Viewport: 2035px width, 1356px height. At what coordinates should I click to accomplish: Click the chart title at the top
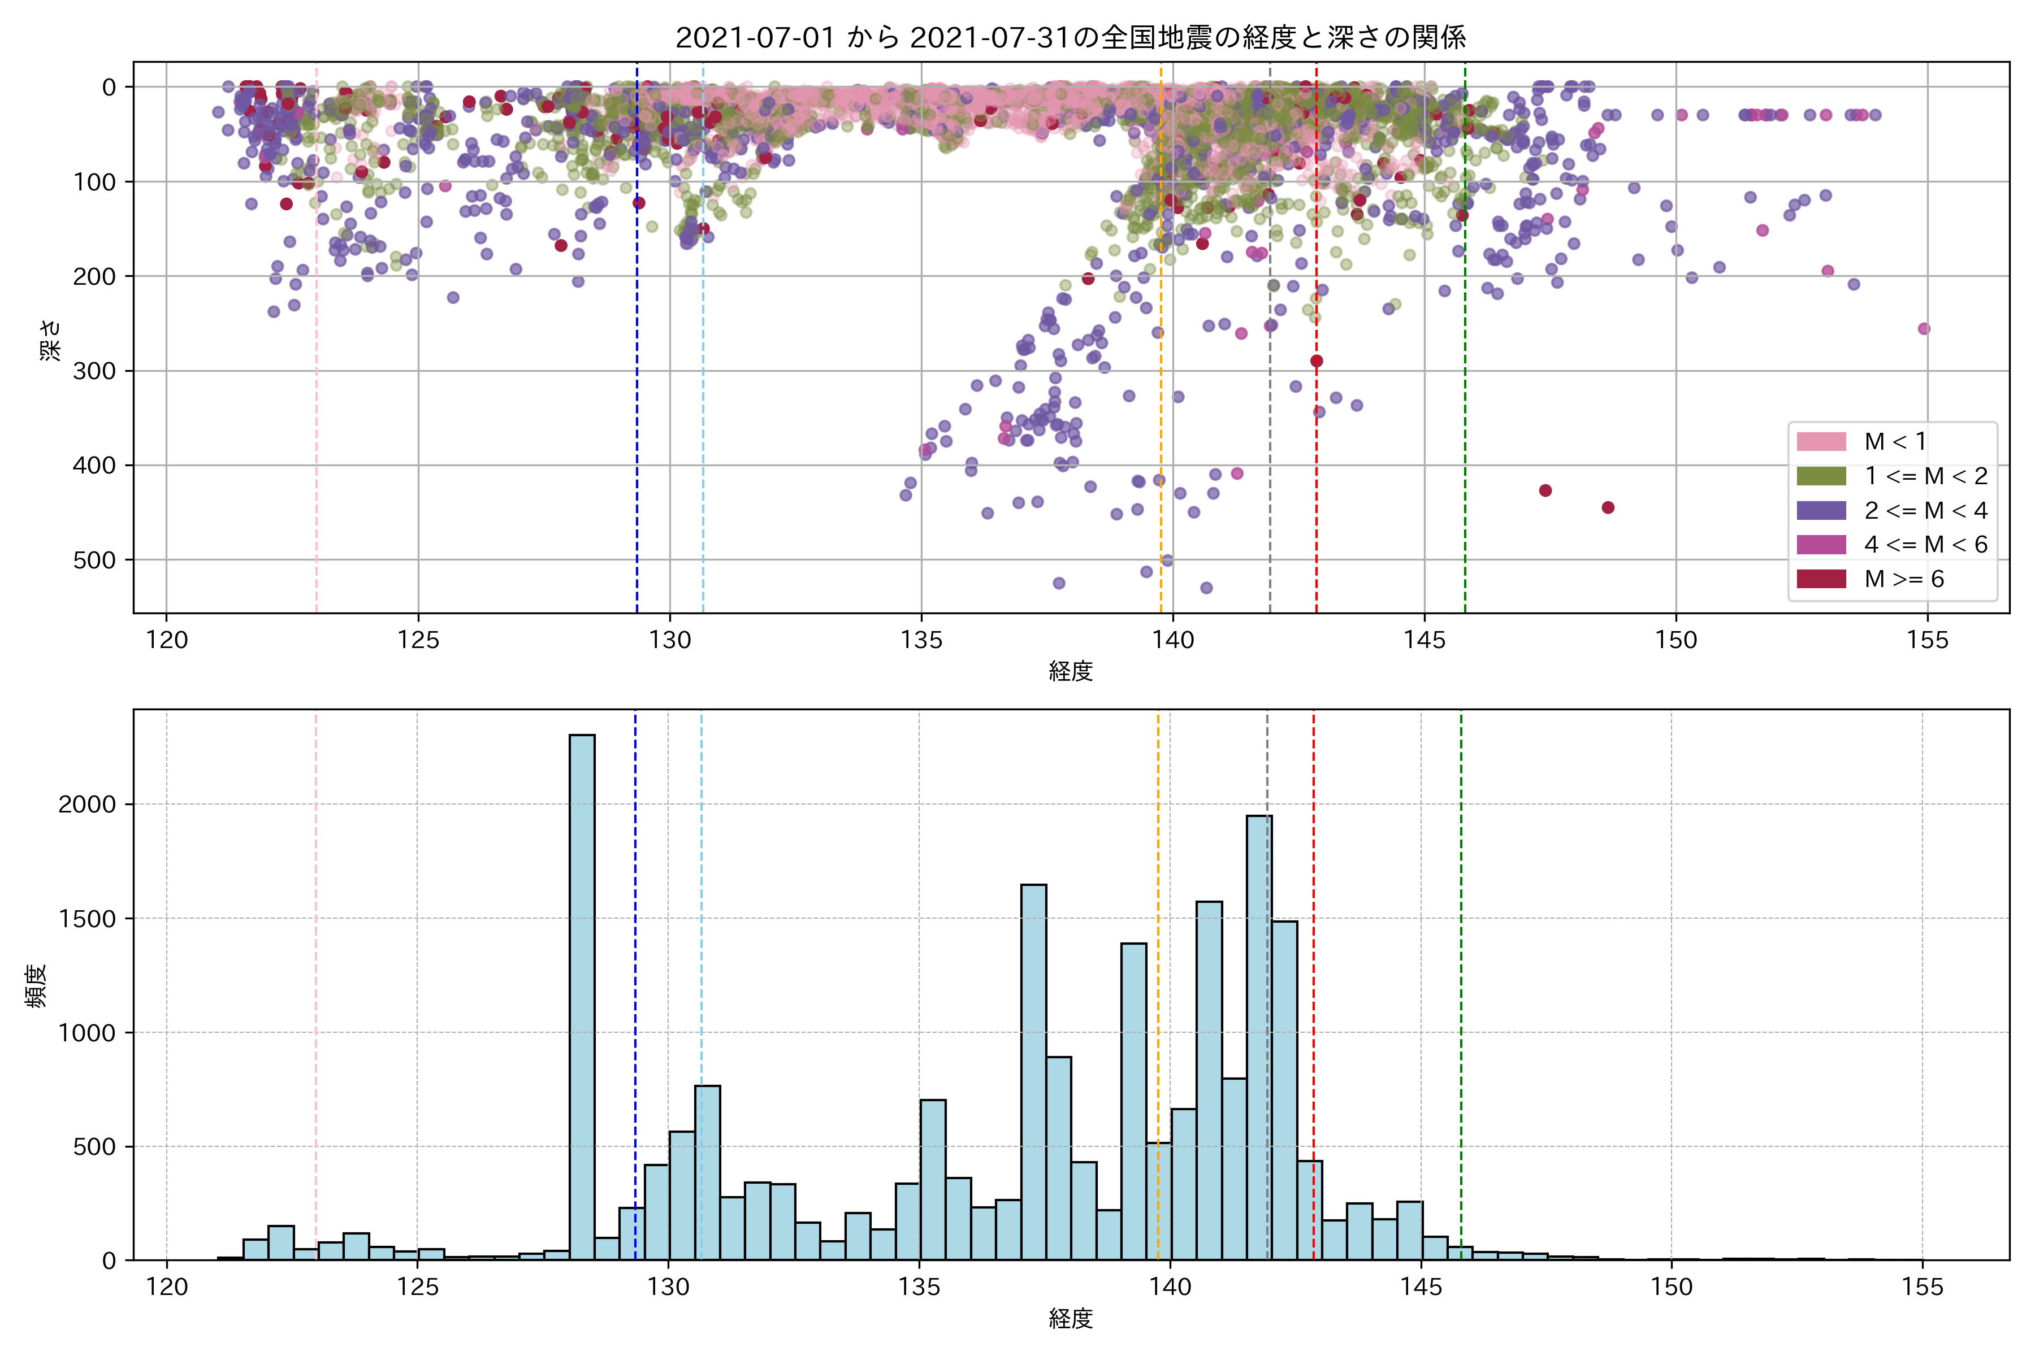pyautogui.click(x=1070, y=37)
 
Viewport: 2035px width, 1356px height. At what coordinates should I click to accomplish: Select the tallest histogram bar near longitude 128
pyautogui.click(x=582, y=994)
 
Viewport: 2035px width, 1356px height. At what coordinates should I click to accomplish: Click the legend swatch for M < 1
pyautogui.click(x=1821, y=442)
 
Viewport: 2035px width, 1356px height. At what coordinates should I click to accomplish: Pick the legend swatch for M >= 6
pyautogui.click(x=1821, y=579)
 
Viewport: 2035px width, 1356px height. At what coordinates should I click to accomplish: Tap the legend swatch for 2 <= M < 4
pyautogui.click(x=1821, y=510)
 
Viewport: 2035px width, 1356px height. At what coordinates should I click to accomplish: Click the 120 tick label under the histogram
pyautogui.click(x=167, y=1287)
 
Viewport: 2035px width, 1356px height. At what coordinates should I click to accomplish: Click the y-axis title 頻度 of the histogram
pyautogui.click(x=36, y=986)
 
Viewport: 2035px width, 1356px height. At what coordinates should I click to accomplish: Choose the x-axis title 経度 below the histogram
pyautogui.click(x=1070, y=1319)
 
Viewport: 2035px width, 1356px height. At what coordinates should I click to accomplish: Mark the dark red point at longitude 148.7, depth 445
pyautogui.click(x=1608, y=507)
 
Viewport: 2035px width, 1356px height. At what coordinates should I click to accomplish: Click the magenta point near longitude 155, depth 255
pyautogui.click(x=1924, y=329)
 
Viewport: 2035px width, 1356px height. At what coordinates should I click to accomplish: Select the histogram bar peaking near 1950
pyautogui.click(x=1259, y=1038)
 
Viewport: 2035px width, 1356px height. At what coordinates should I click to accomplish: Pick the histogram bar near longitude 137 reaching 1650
pyautogui.click(x=1033, y=1072)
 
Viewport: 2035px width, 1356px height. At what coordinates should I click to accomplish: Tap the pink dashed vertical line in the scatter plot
pyautogui.click(x=316, y=346)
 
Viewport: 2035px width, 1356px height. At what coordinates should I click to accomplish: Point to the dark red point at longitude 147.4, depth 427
pyautogui.click(x=1545, y=490)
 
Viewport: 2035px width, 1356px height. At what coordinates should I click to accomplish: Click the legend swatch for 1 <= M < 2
pyautogui.click(x=1821, y=476)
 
